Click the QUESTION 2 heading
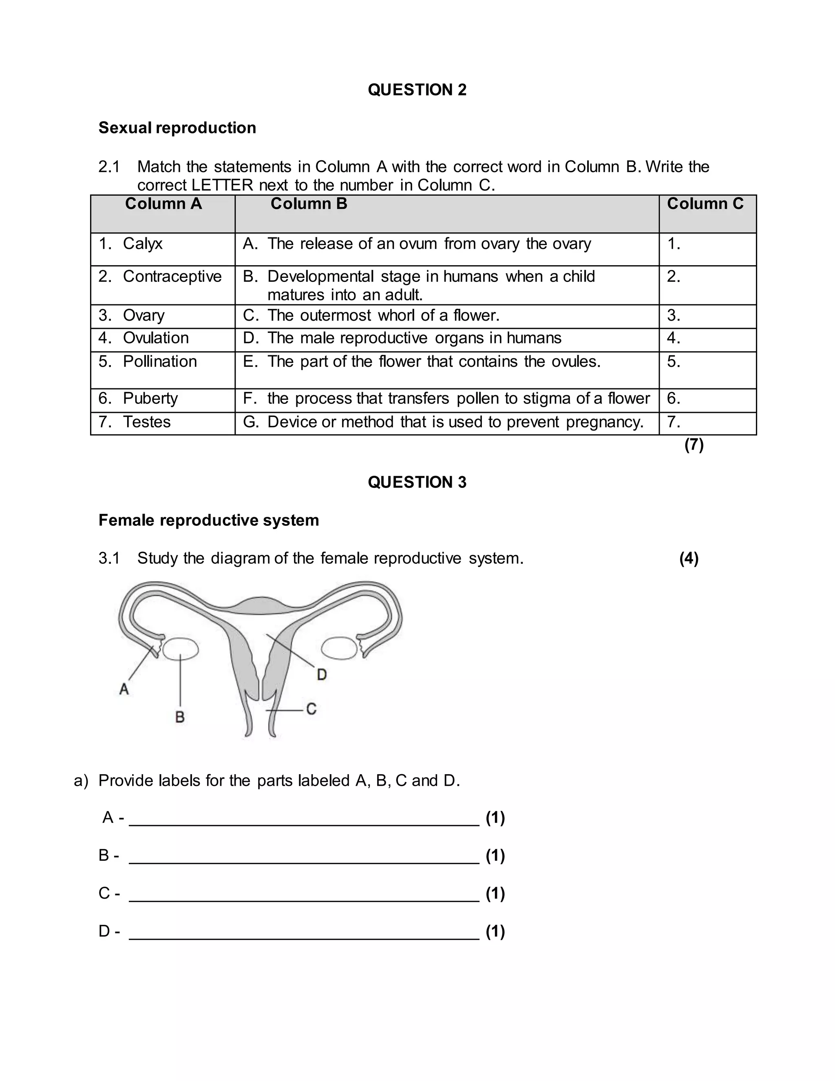[417, 90]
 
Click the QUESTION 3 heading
[417, 482]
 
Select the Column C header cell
[705, 204]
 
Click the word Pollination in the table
[159, 361]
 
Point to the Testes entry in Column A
[146, 422]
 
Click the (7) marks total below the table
[694, 445]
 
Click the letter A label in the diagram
[124, 689]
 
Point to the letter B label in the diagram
[180, 717]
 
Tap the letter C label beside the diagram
[311, 709]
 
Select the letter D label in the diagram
[322, 674]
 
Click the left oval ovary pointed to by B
[181, 649]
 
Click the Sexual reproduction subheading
[177, 128]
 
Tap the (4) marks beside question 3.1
[689, 558]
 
